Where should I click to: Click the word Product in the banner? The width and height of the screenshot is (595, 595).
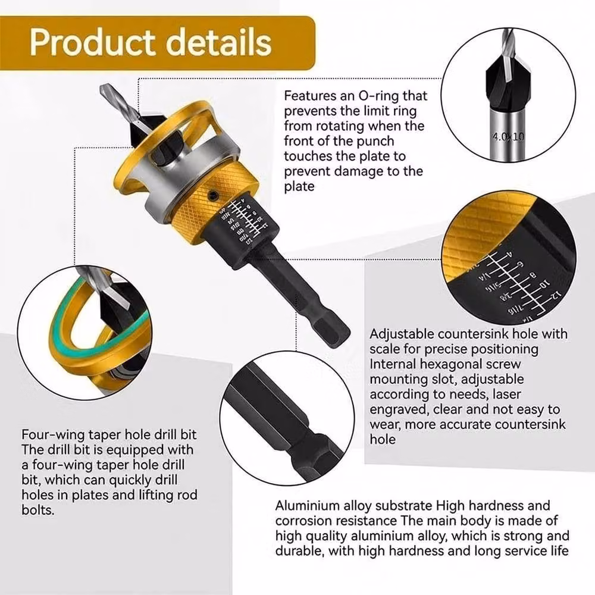93,42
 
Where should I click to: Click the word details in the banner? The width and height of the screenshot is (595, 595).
219,42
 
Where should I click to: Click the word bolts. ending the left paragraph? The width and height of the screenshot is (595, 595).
38,510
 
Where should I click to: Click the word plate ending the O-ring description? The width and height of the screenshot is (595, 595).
299,187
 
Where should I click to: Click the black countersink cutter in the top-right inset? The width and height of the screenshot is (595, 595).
509,83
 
